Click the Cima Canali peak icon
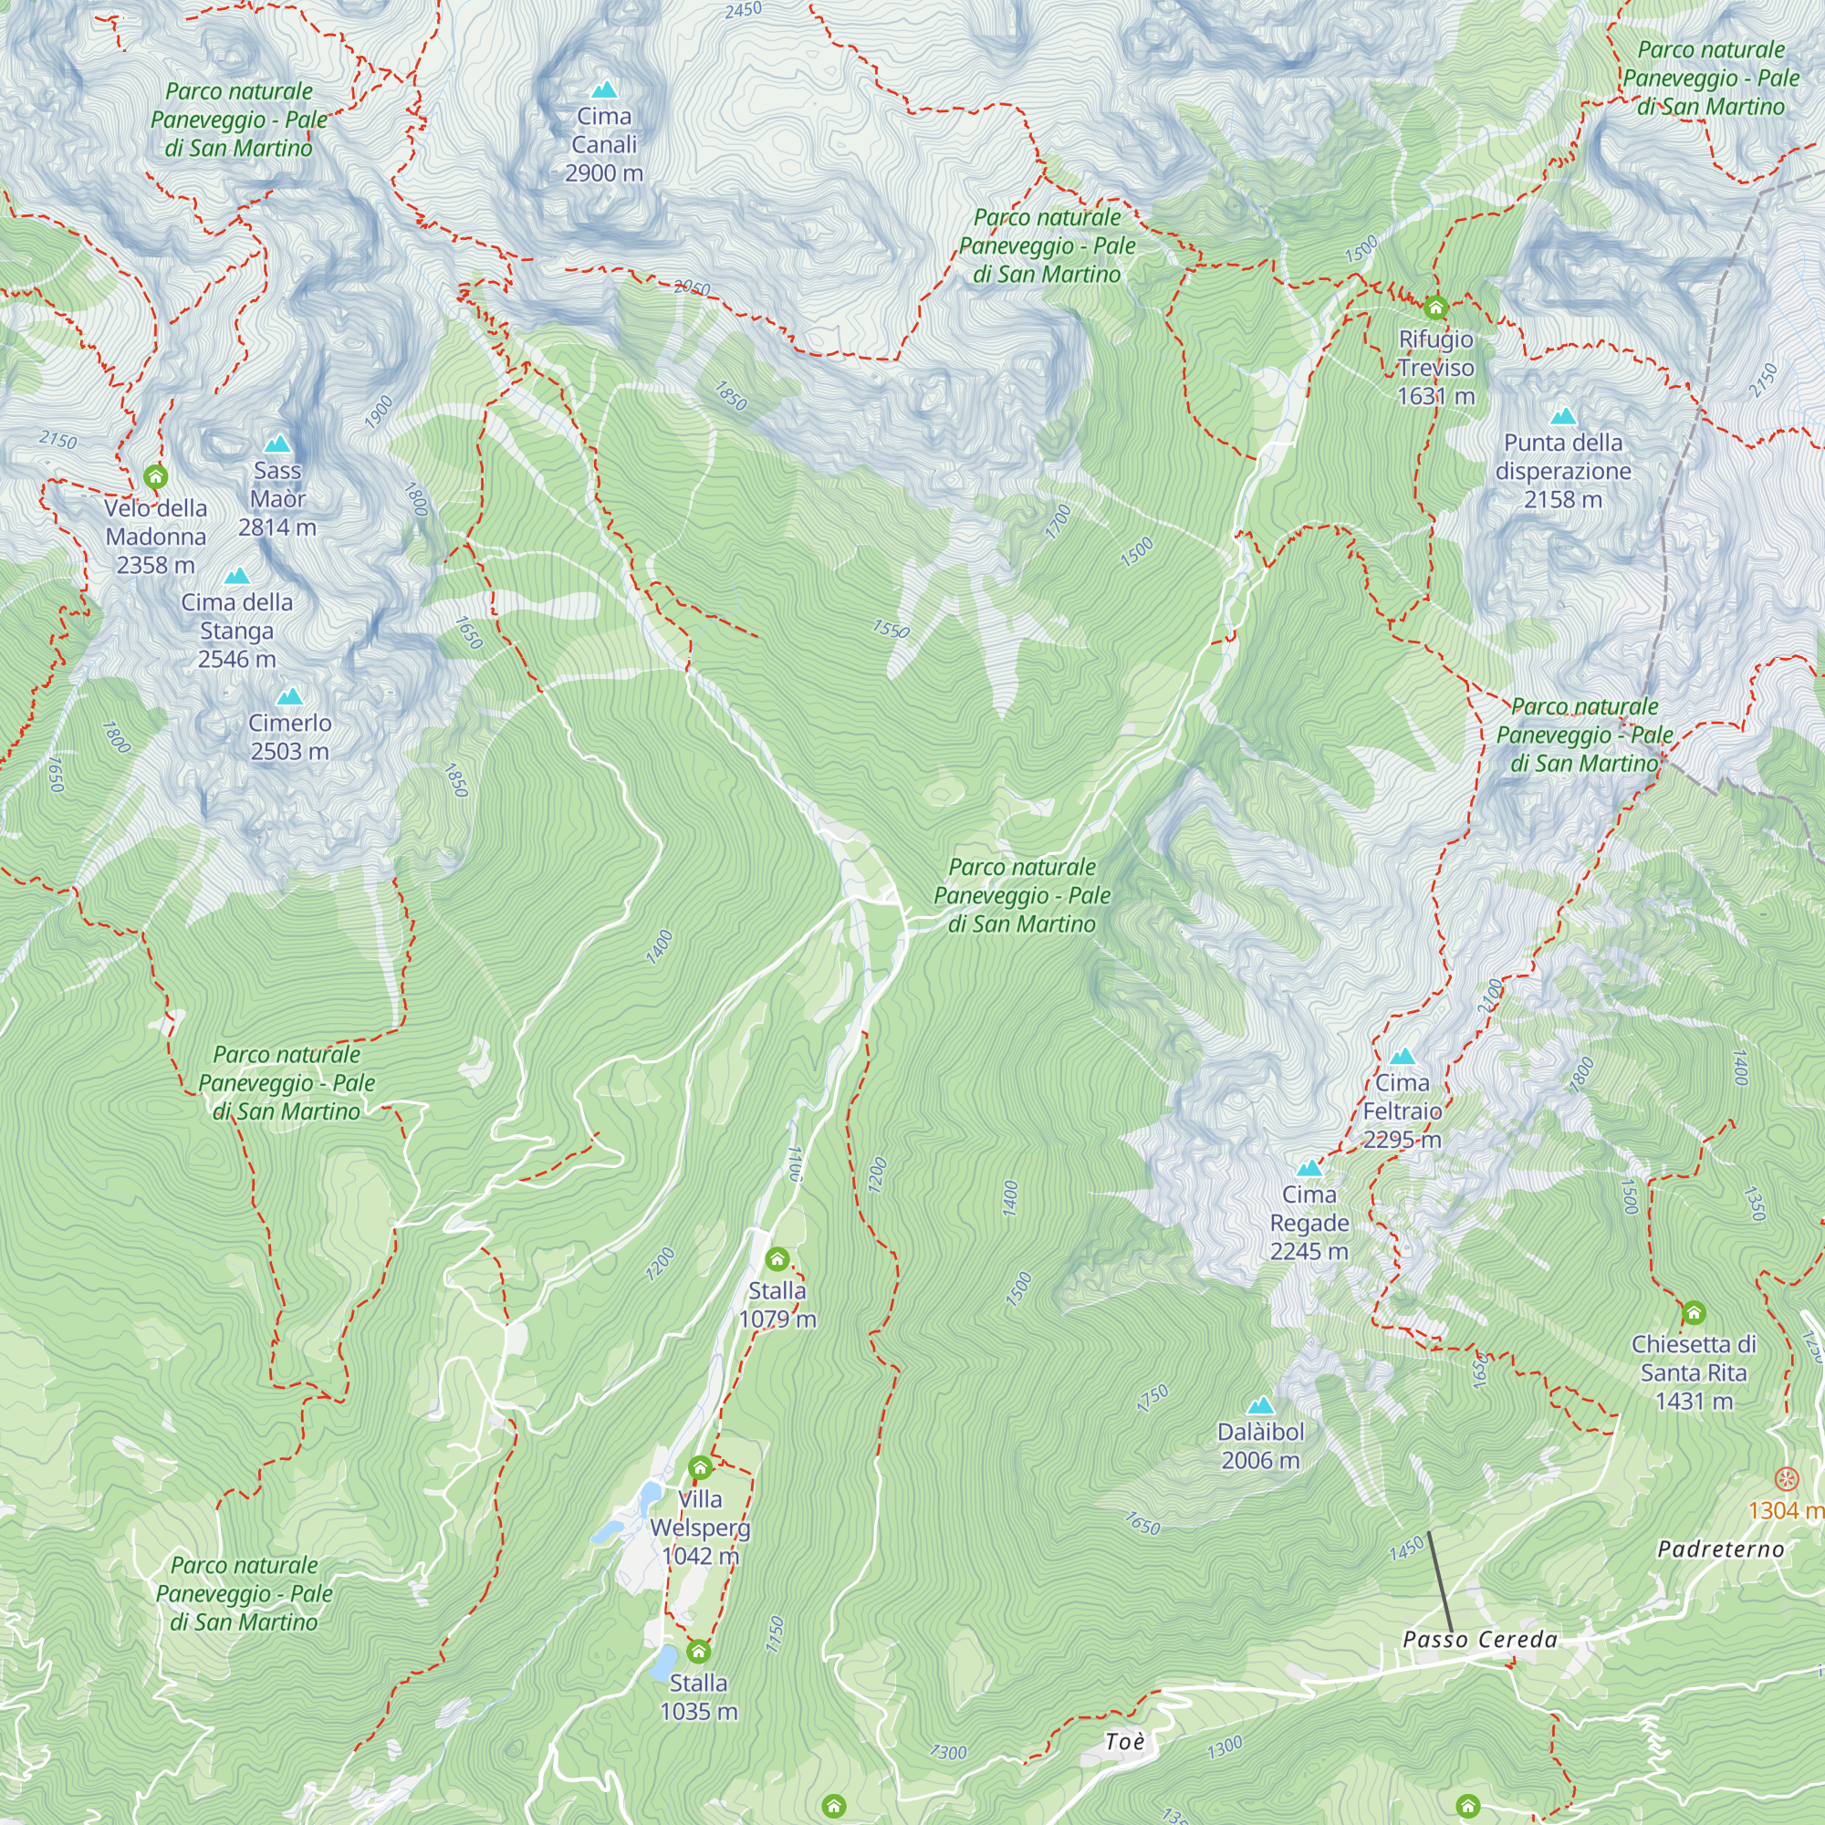tap(603, 89)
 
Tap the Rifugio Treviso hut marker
tap(1435, 307)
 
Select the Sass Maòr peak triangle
tap(276, 444)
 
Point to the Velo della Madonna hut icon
tap(156, 476)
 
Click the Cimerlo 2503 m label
tap(289, 736)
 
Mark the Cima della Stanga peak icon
tap(237, 576)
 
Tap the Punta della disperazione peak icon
tap(1563, 417)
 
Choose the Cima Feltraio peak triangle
tap(1403, 1056)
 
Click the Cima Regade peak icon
tap(1309, 1169)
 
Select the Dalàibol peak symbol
tap(1260, 1405)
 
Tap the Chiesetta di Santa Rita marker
tap(1694, 1312)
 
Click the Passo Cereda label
tap(1480, 1640)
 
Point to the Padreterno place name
tap(1721, 1549)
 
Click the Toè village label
tap(1125, 1741)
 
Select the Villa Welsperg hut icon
tap(700, 1468)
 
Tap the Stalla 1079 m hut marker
tap(777, 1259)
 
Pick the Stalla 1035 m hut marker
tap(698, 1652)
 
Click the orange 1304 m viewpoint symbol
tap(1786, 1479)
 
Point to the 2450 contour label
tap(744, 10)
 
